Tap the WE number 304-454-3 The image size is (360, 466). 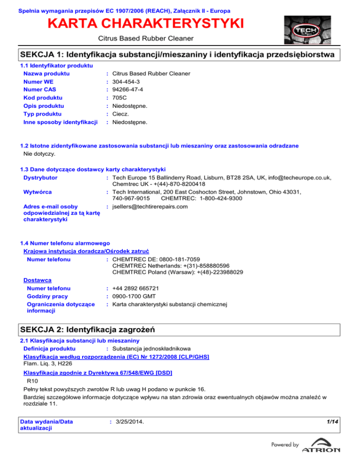[x=127, y=82]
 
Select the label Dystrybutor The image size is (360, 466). [x=40, y=178]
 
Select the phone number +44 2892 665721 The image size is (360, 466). [x=135, y=288]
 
